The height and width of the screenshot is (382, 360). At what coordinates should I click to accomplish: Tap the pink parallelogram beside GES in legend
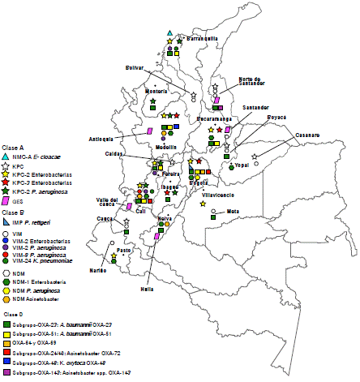click(6, 200)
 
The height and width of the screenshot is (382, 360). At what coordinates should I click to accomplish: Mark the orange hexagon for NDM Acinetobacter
click(6, 299)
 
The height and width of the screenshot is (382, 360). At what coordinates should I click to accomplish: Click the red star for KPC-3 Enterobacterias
click(6, 182)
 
